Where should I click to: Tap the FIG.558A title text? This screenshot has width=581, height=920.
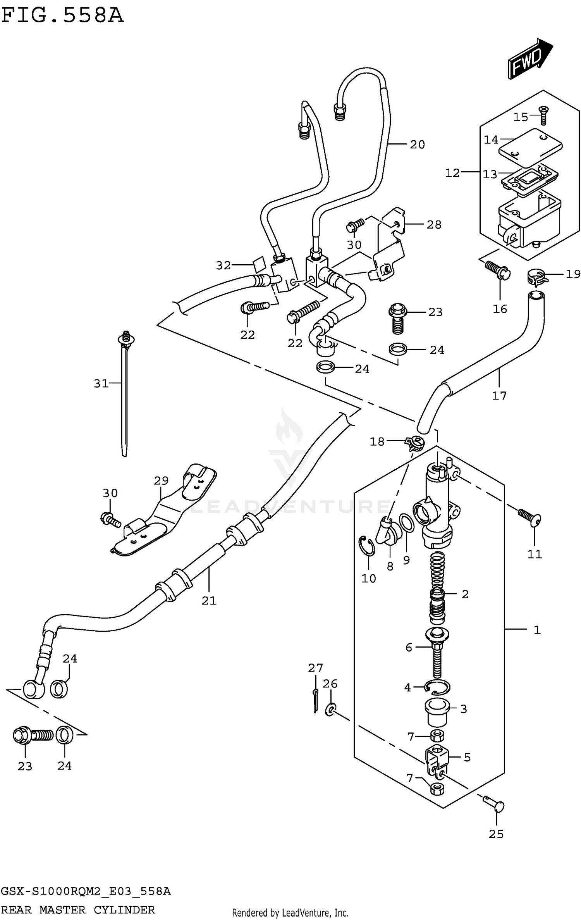(62, 16)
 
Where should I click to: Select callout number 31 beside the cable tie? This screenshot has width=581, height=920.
(101, 383)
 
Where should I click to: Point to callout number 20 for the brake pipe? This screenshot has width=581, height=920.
(417, 145)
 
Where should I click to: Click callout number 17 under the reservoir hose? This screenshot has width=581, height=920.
(499, 395)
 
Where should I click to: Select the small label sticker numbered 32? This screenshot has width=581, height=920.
(259, 264)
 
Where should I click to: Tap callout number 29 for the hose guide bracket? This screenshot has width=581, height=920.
(161, 481)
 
